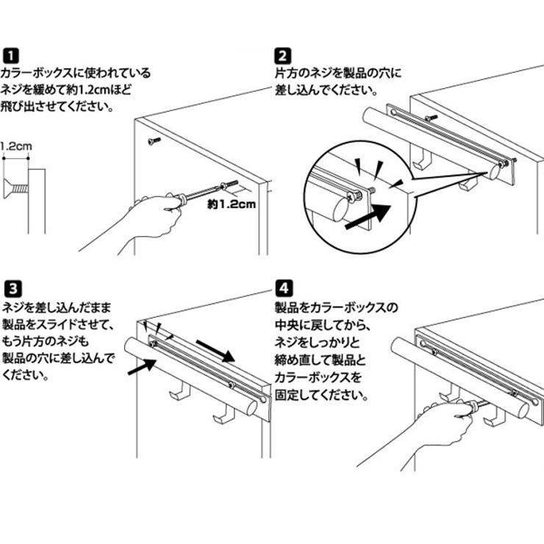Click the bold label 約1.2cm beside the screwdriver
point(230,205)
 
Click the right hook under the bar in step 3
point(221,418)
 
